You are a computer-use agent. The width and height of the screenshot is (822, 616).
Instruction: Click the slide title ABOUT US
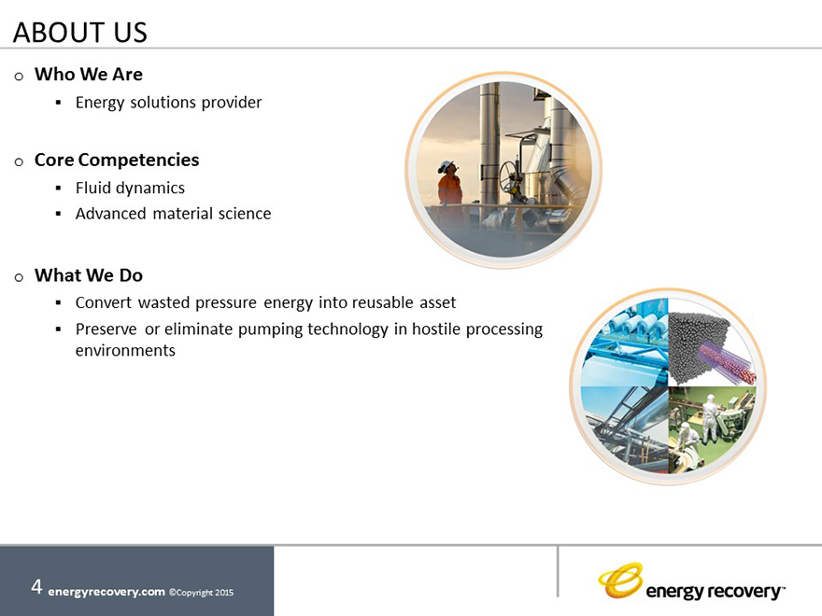80,33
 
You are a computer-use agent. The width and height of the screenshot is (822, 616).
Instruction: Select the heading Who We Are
89,75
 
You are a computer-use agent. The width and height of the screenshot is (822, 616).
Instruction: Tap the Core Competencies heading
117,161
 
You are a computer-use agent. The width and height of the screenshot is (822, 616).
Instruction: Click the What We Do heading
89,275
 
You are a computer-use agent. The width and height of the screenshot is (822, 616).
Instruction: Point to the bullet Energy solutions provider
168,103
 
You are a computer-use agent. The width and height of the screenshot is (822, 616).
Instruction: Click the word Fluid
92,188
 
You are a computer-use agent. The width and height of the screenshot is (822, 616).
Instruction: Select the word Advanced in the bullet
110,214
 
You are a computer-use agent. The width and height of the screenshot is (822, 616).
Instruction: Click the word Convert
104,302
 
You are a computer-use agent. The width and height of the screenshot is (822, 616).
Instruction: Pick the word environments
125,350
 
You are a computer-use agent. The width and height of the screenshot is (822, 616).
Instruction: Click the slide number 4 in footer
36,587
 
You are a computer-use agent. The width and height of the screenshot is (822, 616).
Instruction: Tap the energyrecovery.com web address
106,592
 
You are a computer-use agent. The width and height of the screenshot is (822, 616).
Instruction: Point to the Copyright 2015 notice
202,593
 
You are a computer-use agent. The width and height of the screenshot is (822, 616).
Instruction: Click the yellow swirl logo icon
621,581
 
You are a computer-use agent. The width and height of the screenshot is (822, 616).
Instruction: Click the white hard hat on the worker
445,164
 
